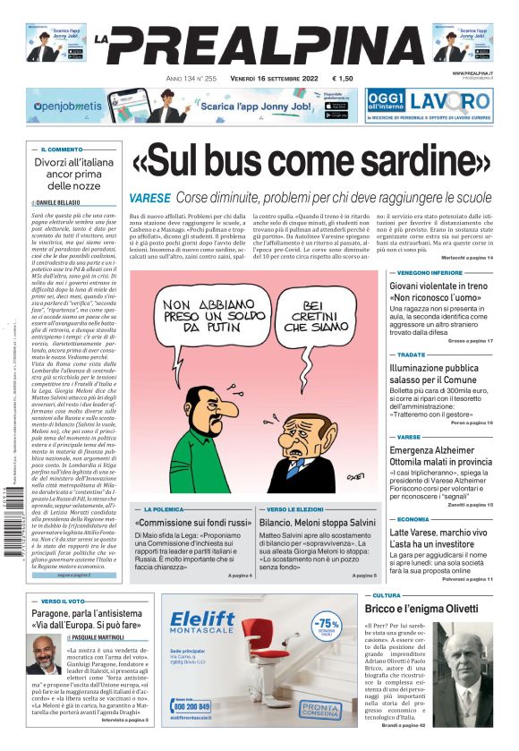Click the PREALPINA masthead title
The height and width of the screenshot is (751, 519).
(x=259, y=45)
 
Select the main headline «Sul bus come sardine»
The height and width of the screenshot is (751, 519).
(x=311, y=165)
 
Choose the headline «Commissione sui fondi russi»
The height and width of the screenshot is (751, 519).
(x=192, y=522)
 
